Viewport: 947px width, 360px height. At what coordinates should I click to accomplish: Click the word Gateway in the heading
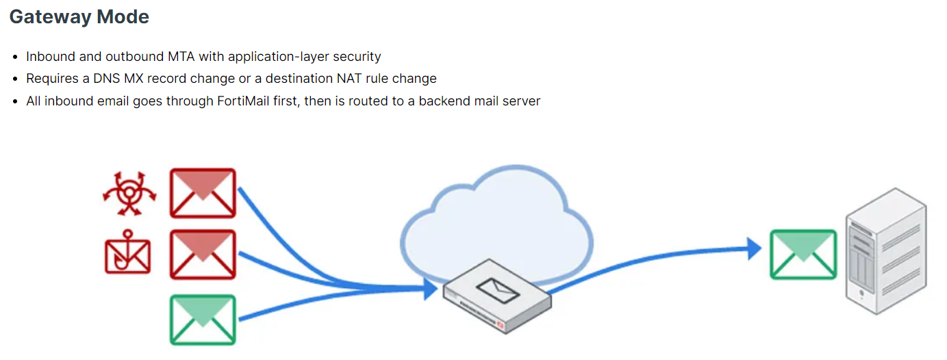[50, 17]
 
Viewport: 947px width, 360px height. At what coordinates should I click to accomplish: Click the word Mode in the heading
[123, 17]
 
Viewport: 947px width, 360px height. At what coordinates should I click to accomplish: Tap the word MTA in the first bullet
[181, 56]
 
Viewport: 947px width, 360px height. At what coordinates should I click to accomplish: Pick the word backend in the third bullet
[444, 101]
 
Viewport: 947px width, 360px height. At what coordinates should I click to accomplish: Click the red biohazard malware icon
[130, 193]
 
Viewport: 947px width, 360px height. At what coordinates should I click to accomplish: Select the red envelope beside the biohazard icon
[203, 193]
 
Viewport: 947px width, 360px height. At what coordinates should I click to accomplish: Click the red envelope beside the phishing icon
[203, 255]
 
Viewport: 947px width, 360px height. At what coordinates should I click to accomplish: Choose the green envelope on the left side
[203, 320]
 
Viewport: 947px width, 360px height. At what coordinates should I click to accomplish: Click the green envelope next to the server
[803, 255]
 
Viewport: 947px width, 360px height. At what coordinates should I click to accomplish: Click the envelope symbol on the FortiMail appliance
[498, 291]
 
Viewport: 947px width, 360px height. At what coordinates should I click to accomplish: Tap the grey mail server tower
[886, 251]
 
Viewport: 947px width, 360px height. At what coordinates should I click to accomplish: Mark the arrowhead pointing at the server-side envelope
[754, 248]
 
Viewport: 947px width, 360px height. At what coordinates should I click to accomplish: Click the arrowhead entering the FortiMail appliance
[431, 289]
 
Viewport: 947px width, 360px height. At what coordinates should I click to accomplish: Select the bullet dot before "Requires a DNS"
[15, 79]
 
